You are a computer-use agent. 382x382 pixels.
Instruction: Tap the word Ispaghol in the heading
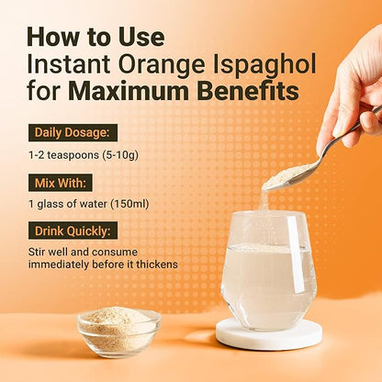pos(264,65)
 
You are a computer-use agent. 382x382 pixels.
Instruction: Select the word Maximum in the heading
pos(129,91)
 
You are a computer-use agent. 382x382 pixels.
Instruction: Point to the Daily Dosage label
pos(73,132)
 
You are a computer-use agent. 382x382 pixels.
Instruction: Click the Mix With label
pos(61,183)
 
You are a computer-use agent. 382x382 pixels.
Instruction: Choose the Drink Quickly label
pos(73,230)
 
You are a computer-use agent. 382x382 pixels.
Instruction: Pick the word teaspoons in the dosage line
pos(73,155)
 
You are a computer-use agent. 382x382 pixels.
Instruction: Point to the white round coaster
pos(269,334)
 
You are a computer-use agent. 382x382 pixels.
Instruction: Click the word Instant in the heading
pos(69,65)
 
